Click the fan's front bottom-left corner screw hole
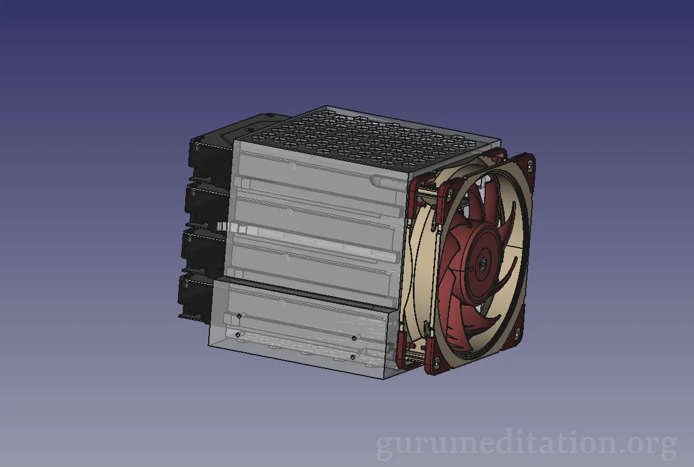coord(436,362)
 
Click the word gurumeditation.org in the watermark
coord(527,443)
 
